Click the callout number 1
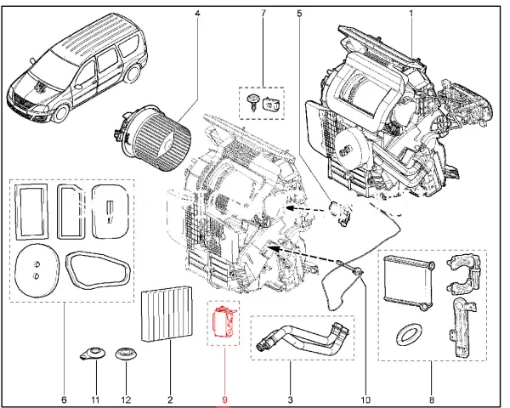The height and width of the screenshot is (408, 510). pos(411,14)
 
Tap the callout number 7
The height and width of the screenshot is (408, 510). pos(263,14)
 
